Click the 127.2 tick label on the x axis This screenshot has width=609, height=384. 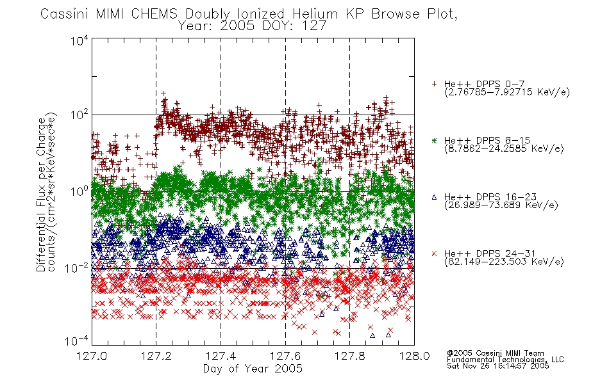156,356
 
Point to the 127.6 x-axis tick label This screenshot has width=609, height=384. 285,356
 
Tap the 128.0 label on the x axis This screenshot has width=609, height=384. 414,356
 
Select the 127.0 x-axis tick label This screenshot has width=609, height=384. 92,356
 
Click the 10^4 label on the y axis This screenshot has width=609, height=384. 79,40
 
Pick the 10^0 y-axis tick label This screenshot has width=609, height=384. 79,191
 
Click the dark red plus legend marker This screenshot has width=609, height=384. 434,84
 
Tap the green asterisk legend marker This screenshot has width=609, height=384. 434,140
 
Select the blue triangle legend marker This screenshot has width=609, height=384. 434,197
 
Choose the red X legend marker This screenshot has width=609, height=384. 434,253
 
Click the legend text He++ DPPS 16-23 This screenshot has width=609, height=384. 490,196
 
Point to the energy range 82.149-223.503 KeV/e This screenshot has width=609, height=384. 504,262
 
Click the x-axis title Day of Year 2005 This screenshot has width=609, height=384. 253,369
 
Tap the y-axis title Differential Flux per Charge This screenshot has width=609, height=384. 41,195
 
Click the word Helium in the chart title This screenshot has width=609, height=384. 315,14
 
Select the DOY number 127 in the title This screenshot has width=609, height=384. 316,26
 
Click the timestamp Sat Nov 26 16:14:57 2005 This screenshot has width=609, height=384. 498,366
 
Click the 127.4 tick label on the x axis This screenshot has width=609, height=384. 221,356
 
